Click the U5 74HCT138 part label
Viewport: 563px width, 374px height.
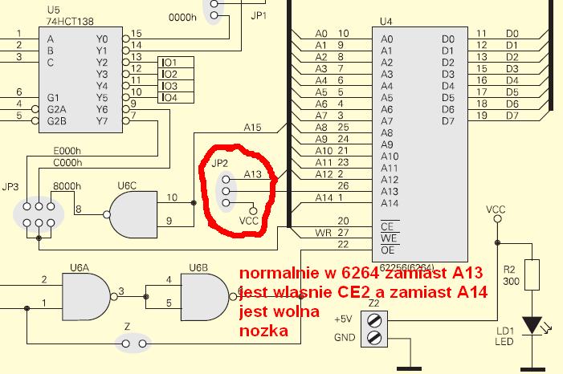tap(70, 16)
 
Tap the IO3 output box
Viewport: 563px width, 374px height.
tap(176, 86)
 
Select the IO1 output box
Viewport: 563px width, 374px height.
tap(176, 63)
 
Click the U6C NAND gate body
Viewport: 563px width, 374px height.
tap(133, 214)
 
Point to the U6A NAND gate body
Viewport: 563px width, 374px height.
tap(86, 297)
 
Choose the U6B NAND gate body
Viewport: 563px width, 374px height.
tap(205, 297)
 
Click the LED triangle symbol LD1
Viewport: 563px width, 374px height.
tap(532, 326)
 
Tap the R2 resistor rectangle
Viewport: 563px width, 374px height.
tap(532, 275)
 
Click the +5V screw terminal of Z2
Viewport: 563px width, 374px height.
tap(374, 320)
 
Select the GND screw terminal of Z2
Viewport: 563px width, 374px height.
tap(374, 338)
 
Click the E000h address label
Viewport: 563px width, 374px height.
tap(67, 151)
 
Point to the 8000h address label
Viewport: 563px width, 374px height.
tap(67, 186)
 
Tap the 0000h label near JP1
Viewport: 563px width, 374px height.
tap(182, 17)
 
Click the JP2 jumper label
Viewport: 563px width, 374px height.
tap(220, 164)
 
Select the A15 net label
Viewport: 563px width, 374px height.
tap(252, 128)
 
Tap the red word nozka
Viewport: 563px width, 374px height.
tap(263, 331)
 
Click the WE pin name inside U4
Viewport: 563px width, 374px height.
tap(389, 238)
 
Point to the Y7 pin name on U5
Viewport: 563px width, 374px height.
tap(102, 121)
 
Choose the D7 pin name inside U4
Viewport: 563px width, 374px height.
tap(448, 121)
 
